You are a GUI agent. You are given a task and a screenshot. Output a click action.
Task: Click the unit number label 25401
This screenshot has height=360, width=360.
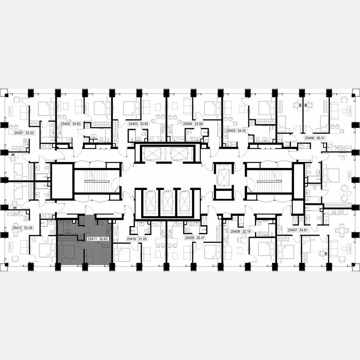[x=18, y=133]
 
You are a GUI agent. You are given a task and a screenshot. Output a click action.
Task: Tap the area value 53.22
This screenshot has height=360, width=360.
[x=30, y=133]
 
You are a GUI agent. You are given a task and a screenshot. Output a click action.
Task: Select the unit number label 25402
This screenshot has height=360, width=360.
[x=65, y=124]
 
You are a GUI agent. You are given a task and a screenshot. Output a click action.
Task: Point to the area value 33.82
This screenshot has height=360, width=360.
[x=145, y=124]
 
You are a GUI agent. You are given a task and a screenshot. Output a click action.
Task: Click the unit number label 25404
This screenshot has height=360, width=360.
[x=187, y=124]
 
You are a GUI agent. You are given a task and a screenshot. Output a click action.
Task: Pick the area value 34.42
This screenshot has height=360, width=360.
[x=242, y=130]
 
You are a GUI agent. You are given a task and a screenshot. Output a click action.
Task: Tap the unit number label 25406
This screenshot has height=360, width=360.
[x=309, y=137]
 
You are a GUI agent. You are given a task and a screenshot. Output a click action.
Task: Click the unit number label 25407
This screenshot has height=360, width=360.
[x=292, y=230]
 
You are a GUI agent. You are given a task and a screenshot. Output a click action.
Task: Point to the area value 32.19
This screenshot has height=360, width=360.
[x=247, y=231]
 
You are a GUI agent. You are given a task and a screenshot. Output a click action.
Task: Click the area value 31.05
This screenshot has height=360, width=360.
[x=143, y=239]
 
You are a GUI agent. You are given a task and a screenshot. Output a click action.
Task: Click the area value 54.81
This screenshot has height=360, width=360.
[x=303, y=230]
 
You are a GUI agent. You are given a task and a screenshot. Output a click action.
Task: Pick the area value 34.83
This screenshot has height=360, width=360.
[x=76, y=124]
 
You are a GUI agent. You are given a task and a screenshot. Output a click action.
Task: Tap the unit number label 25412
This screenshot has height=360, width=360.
[x=17, y=228]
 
